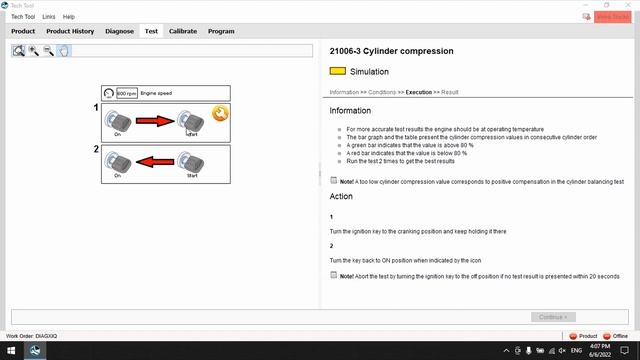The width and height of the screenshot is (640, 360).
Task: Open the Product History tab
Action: [x=69, y=31]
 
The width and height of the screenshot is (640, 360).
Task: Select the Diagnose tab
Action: [x=119, y=31]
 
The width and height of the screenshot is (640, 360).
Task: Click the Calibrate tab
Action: [x=182, y=31]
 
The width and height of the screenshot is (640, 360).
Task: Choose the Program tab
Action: [x=221, y=31]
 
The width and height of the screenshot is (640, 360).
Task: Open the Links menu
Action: [x=49, y=17]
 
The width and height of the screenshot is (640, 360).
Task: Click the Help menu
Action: [x=69, y=17]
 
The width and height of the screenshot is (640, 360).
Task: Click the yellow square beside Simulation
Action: [x=337, y=72]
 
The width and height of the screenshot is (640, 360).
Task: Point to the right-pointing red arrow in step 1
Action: [x=154, y=121]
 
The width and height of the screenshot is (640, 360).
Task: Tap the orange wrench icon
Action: [x=218, y=114]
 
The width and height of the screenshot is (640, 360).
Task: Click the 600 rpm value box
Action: [x=126, y=93]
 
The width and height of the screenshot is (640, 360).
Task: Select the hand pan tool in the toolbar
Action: [x=63, y=50]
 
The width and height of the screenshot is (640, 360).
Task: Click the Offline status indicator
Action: [x=616, y=336]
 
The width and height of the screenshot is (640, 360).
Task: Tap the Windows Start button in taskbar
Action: [x=9, y=351]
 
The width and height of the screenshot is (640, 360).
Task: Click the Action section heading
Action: [x=341, y=196]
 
